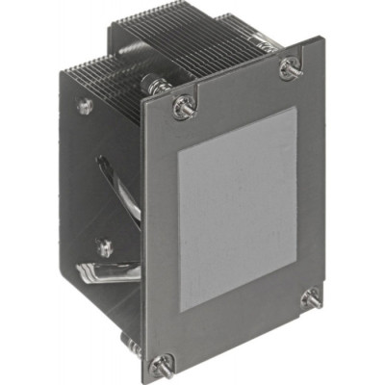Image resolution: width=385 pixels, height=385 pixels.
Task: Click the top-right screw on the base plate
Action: pos(289,68)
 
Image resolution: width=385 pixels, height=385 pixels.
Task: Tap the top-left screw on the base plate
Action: pos(180,106)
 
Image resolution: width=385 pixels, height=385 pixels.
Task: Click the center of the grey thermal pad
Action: pos(236,207)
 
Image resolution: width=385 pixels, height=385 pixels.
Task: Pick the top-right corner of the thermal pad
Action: pos(292,107)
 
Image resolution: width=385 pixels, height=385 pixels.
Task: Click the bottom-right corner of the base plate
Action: pos(324,313)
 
